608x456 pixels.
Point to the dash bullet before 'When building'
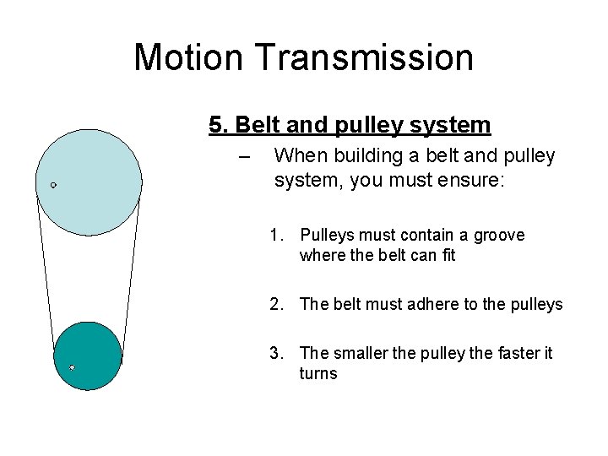pyautogui.click(x=245, y=157)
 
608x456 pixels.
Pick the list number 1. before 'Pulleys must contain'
pyautogui.click(x=277, y=235)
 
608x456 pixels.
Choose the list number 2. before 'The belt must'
pyautogui.click(x=277, y=304)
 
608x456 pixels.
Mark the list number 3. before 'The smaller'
pyautogui.click(x=277, y=353)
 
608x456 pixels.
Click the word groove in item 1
pyautogui.click(x=498, y=235)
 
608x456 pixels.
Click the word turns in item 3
pyautogui.click(x=318, y=373)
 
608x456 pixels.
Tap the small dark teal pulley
pyautogui.click(x=88, y=356)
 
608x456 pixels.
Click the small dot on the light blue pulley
pyautogui.click(x=53, y=184)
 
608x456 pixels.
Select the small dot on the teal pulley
pyautogui.click(x=72, y=367)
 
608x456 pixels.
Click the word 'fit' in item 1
pyautogui.click(x=447, y=255)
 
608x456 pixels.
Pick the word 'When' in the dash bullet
pyautogui.click(x=296, y=156)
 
